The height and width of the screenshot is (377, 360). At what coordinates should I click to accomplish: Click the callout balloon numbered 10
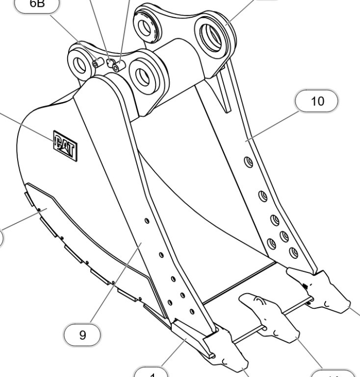[x=317, y=102]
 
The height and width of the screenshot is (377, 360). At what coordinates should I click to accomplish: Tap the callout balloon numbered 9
[x=83, y=335]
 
